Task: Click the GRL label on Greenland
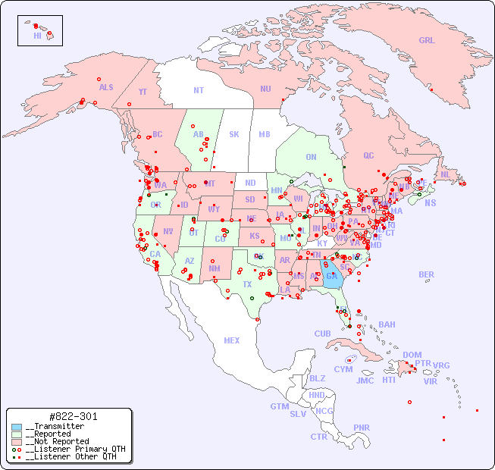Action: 427,41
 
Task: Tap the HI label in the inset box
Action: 37,36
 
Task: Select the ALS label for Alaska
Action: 106,87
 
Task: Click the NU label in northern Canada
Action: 265,89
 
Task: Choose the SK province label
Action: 234,134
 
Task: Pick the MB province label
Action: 264,134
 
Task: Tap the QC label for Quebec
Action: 368,155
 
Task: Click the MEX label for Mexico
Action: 232,340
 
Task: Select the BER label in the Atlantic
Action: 426,274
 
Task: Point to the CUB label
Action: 322,334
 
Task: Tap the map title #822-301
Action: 72,416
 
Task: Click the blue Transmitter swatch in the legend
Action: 17,427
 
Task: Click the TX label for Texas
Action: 247,284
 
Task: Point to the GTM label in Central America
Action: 279,406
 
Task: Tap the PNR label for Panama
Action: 362,428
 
